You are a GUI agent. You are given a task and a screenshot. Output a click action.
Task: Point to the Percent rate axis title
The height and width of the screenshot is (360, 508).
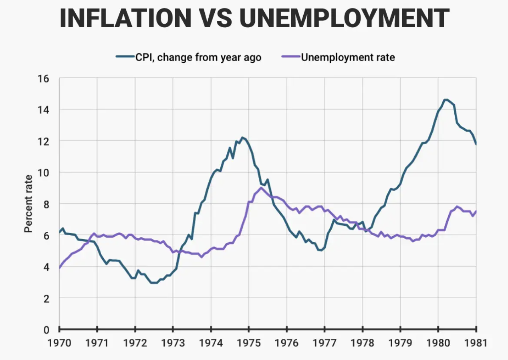point(28,203)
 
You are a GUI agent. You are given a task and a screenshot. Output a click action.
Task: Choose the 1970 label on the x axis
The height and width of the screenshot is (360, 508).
point(59,344)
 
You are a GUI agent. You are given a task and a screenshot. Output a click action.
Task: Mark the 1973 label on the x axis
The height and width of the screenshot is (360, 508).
point(173,344)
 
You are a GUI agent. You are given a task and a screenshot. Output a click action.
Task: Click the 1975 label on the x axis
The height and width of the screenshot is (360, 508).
point(249,344)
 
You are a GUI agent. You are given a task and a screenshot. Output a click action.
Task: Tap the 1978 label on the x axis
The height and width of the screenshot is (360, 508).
point(363,344)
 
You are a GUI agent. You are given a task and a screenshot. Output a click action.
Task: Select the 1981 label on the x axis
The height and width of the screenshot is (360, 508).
point(476,344)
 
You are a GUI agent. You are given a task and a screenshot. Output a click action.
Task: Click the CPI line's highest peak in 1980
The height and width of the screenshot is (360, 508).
point(446,100)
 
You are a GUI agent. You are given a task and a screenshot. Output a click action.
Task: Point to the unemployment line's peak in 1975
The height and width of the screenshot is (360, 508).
point(261,188)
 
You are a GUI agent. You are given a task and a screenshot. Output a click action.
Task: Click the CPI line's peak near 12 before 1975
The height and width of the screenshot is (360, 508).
point(242,138)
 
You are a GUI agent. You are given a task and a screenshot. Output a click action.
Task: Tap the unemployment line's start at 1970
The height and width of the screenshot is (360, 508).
point(60,267)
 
